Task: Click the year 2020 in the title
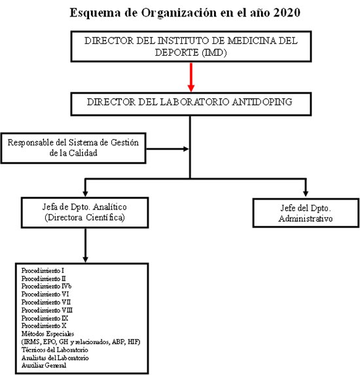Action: tap(287, 12)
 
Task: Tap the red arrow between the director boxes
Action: tap(191, 77)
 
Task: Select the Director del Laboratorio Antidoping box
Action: tap(191, 104)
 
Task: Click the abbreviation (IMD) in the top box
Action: tap(214, 52)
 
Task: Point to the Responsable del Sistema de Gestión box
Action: tap(73, 149)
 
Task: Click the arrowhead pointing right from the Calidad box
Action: tap(186, 149)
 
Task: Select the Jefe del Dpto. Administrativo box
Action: tap(306, 213)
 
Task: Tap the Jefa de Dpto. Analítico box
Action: tap(84, 213)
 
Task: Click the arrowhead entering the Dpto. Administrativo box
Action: tap(306, 194)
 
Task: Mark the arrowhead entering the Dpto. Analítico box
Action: tap(85, 194)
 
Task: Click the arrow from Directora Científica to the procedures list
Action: tap(85, 245)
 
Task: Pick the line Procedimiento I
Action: tap(43, 271)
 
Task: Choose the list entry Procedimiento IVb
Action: tap(46, 286)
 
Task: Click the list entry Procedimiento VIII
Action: tap(47, 310)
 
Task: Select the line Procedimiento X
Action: tap(44, 326)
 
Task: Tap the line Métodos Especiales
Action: tap(48, 334)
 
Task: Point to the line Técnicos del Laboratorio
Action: tap(55, 350)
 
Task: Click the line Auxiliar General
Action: tap(44, 365)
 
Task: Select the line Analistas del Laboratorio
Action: tap(55, 358)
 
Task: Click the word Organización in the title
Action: tap(179, 13)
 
